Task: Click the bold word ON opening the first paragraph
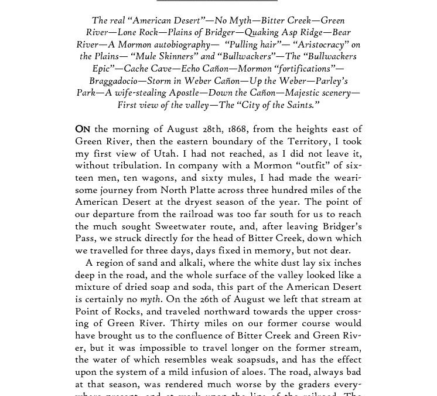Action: pos(83,129)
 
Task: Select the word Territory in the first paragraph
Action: pos(309,141)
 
